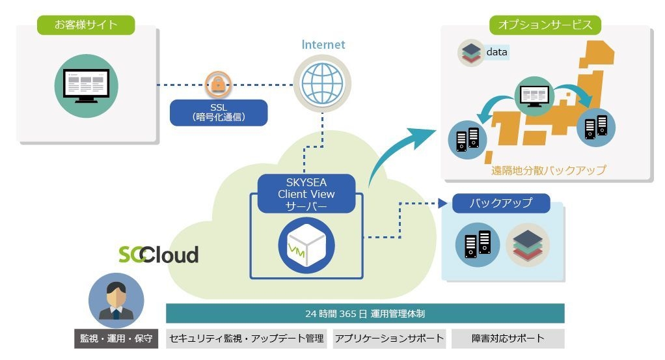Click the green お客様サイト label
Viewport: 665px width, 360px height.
[x=86, y=25]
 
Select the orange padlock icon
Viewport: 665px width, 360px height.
[x=218, y=84]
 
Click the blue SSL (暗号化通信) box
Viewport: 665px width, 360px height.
[x=219, y=112]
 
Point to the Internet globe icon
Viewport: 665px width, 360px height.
[x=322, y=84]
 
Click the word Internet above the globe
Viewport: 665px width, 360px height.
[x=323, y=45]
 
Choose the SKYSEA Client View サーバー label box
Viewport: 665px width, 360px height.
[x=306, y=193]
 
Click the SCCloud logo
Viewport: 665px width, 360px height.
[x=158, y=255]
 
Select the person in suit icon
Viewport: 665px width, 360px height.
[x=116, y=301]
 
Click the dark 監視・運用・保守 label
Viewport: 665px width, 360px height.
[x=116, y=339]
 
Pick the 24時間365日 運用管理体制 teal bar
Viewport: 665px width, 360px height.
[x=365, y=314]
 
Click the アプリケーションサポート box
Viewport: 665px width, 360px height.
[x=390, y=339]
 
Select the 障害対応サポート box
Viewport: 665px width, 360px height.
[x=508, y=339]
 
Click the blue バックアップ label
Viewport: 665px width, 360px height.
[x=501, y=203]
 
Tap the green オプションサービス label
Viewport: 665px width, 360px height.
[x=545, y=25]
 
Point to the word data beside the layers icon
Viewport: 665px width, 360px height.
[x=496, y=51]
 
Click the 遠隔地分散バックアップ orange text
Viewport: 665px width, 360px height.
[x=549, y=171]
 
